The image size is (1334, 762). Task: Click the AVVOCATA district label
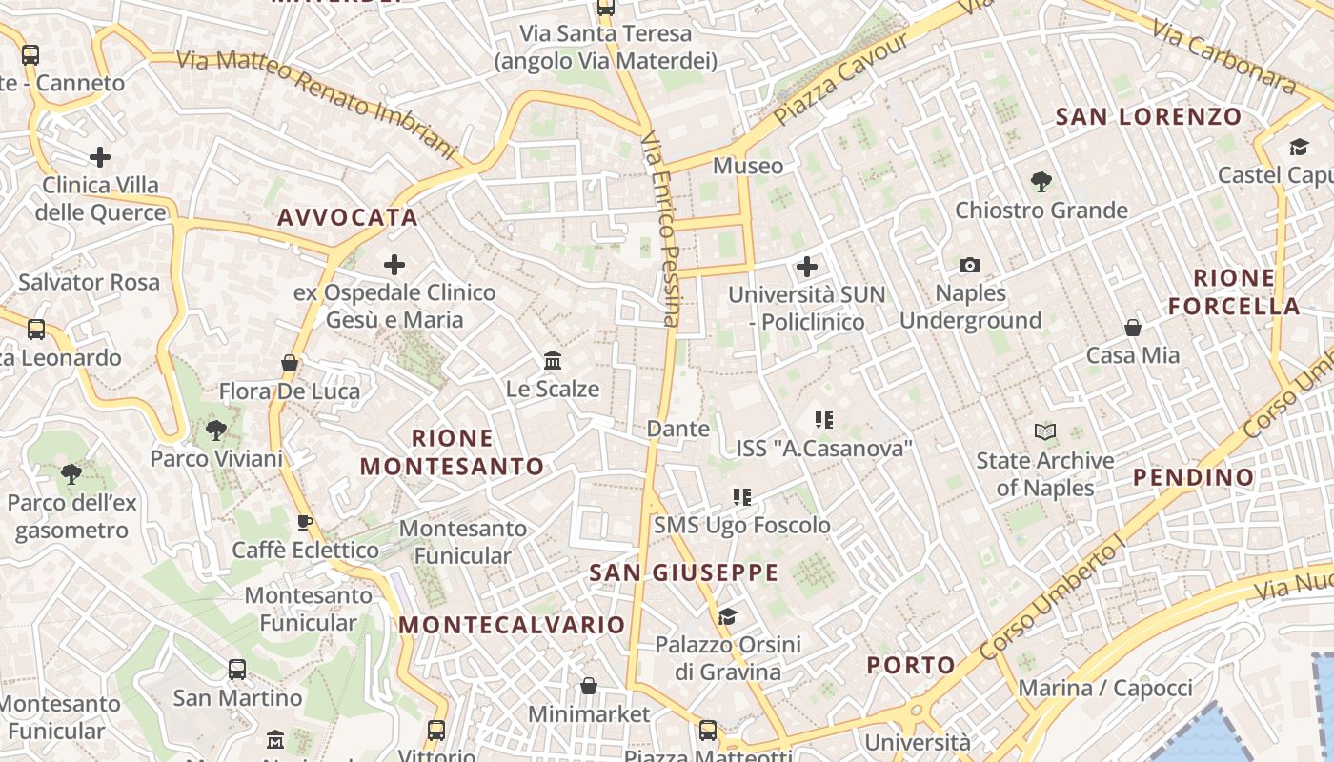[x=348, y=217]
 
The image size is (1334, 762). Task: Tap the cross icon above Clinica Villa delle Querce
[x=100, y=157]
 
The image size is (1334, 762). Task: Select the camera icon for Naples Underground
[x=970, y=265]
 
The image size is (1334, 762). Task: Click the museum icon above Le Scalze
[x=553, y=360]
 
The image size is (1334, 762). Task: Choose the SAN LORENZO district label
[x=1149, y=117]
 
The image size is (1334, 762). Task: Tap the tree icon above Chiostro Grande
[x=1041, y=181]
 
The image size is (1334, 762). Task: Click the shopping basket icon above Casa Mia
[x=1133, y=328]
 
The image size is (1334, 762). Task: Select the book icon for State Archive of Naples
[x=1045, y=432]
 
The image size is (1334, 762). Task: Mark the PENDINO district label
[x=1194, y=477]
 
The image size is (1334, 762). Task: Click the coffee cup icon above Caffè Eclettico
[x=305, y=522]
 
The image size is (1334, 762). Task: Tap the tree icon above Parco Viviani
[x=216, y=431]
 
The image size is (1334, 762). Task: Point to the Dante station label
[x=678, y=429]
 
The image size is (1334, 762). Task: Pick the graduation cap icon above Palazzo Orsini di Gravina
[x=728, y=616]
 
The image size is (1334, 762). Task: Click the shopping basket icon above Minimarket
[x=589, y=686]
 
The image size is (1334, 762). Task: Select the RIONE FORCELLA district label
[x=1235, y=292]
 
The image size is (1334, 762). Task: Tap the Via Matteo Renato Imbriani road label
[x=317, y=102]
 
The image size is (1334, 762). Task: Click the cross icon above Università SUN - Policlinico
[x=807, y=267]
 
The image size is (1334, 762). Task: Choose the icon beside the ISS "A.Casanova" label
[x=824, y=419]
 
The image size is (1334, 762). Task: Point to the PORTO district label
[x=911, y=665]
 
